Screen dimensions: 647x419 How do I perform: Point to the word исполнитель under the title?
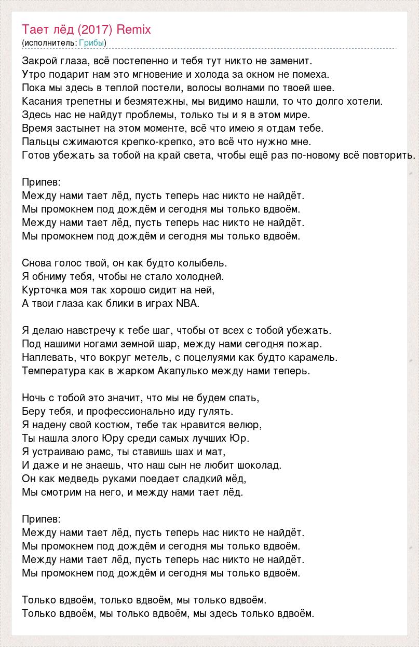(50, 43)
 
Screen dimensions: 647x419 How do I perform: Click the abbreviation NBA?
(187, 303)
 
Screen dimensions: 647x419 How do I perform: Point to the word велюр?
(246, 425)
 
